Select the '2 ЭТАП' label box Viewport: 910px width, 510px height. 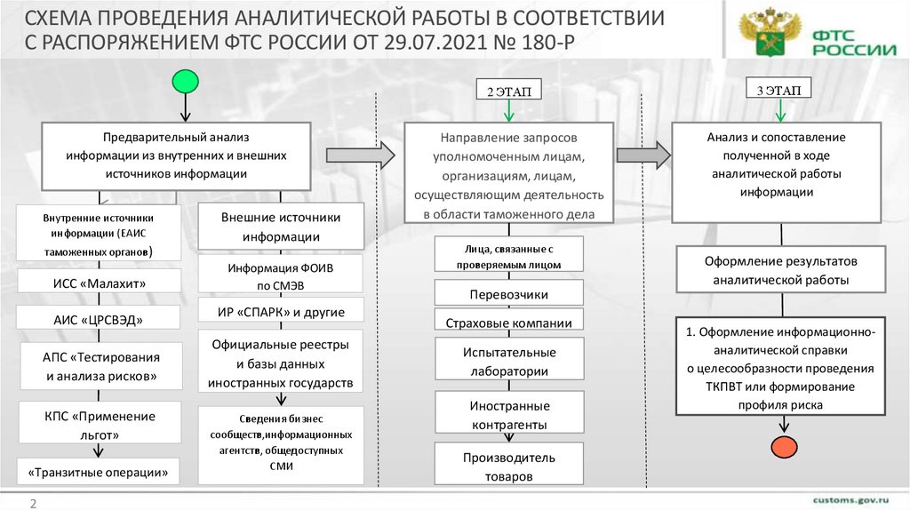(x=507, y=92)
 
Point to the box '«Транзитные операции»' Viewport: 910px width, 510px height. (x=99, y=472)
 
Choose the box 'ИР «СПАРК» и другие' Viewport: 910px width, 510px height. (x=281, y=312)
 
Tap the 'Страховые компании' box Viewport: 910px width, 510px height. (x=508, y=323)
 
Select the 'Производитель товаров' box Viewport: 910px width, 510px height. (x=508, y=466)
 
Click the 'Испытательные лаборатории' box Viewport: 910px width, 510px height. (x=508, y=362)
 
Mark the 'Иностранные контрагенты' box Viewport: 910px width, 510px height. (x=508, y=415)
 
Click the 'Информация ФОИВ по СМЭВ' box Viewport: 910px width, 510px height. (x=281, y=274)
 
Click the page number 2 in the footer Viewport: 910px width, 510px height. (x=33, y=504)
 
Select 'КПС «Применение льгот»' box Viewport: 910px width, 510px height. (x=99, y=425)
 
